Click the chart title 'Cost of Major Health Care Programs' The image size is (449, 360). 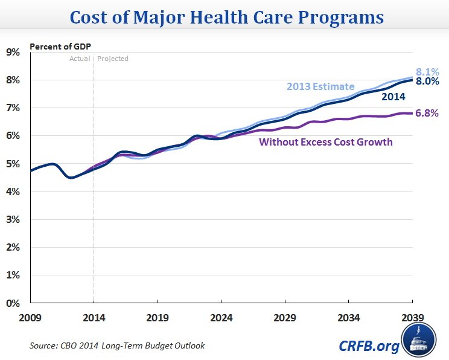pyautogui.click(x=224, y=17)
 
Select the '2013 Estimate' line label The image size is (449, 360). pyautogui.click(x=320, y=86)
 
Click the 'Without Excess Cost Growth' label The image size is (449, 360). pyautogui.click(x=326, y=143)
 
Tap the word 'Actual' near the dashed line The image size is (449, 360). pyautogui.click(x=80, y=59)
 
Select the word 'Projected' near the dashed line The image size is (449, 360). pyautogui.click(x=113, y=59)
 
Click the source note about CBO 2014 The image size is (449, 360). pyautogui.click(x=116, y=346)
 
